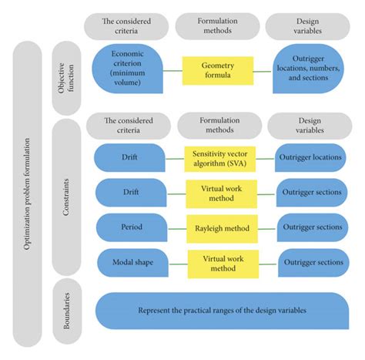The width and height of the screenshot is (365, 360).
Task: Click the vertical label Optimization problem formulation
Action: coord(27,194)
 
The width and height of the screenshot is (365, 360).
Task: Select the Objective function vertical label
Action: coord(66,78)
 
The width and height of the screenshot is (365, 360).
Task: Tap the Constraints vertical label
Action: coord(66,197)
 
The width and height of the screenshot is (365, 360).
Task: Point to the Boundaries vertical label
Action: coord(67,311)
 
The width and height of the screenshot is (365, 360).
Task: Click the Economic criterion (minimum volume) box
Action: coord(127,69)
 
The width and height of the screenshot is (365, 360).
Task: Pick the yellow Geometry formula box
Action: coord(218,71)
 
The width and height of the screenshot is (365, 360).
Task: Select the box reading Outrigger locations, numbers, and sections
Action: coord(308,69)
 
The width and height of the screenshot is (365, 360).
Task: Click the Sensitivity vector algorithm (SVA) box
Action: coord(220,159)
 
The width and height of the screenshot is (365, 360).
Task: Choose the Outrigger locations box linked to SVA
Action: coord(310,157)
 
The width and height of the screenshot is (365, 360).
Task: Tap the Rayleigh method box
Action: coord(222,229)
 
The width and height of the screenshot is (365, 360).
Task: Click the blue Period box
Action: coord(132,227)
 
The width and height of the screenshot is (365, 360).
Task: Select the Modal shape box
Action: coord(132,263)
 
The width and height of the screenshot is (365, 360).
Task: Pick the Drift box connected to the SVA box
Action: coord(129,157)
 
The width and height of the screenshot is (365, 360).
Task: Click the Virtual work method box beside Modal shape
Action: coord(223,264)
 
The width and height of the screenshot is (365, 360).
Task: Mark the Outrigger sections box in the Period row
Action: coord(313,227)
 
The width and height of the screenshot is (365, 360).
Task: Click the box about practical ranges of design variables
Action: coord(223,311)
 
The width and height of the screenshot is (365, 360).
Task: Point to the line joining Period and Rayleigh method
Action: coord(177,229)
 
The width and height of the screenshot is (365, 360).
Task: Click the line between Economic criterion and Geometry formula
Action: coord(172,71)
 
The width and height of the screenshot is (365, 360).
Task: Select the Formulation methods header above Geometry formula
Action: coord(217,26)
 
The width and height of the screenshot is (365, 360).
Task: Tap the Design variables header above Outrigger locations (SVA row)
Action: coord(310,126)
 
